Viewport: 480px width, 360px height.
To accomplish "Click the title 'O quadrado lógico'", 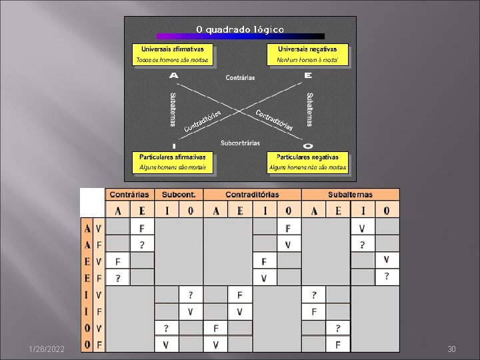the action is coord(240,29).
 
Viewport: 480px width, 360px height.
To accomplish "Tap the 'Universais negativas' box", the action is coord(307,54).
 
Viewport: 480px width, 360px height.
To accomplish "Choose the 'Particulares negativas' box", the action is coord(307,162).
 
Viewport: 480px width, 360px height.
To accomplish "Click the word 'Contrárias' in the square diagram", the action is coord(240,78).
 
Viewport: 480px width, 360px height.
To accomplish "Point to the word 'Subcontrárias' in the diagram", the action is coord(241,143).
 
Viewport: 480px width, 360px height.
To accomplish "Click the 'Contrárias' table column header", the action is coord(129,195).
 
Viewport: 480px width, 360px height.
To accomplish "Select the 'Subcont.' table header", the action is coord(179,195).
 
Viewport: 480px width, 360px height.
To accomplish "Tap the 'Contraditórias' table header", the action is coord(252,195).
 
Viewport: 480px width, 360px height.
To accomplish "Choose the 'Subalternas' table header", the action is coord(350,195).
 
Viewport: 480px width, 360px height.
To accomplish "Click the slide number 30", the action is coord(451,349).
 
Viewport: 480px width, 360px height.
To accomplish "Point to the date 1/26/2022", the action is coord(46,349).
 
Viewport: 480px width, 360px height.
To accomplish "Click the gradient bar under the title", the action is coord(240,37).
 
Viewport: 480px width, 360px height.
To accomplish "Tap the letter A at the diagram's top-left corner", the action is coord(174,75).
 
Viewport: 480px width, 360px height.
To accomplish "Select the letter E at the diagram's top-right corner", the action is coord(307,75).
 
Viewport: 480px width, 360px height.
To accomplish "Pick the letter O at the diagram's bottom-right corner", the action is coord(307,145).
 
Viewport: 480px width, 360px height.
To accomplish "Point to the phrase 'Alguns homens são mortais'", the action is coord(173,168).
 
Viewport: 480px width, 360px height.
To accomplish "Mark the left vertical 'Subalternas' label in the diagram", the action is coord(173,109).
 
